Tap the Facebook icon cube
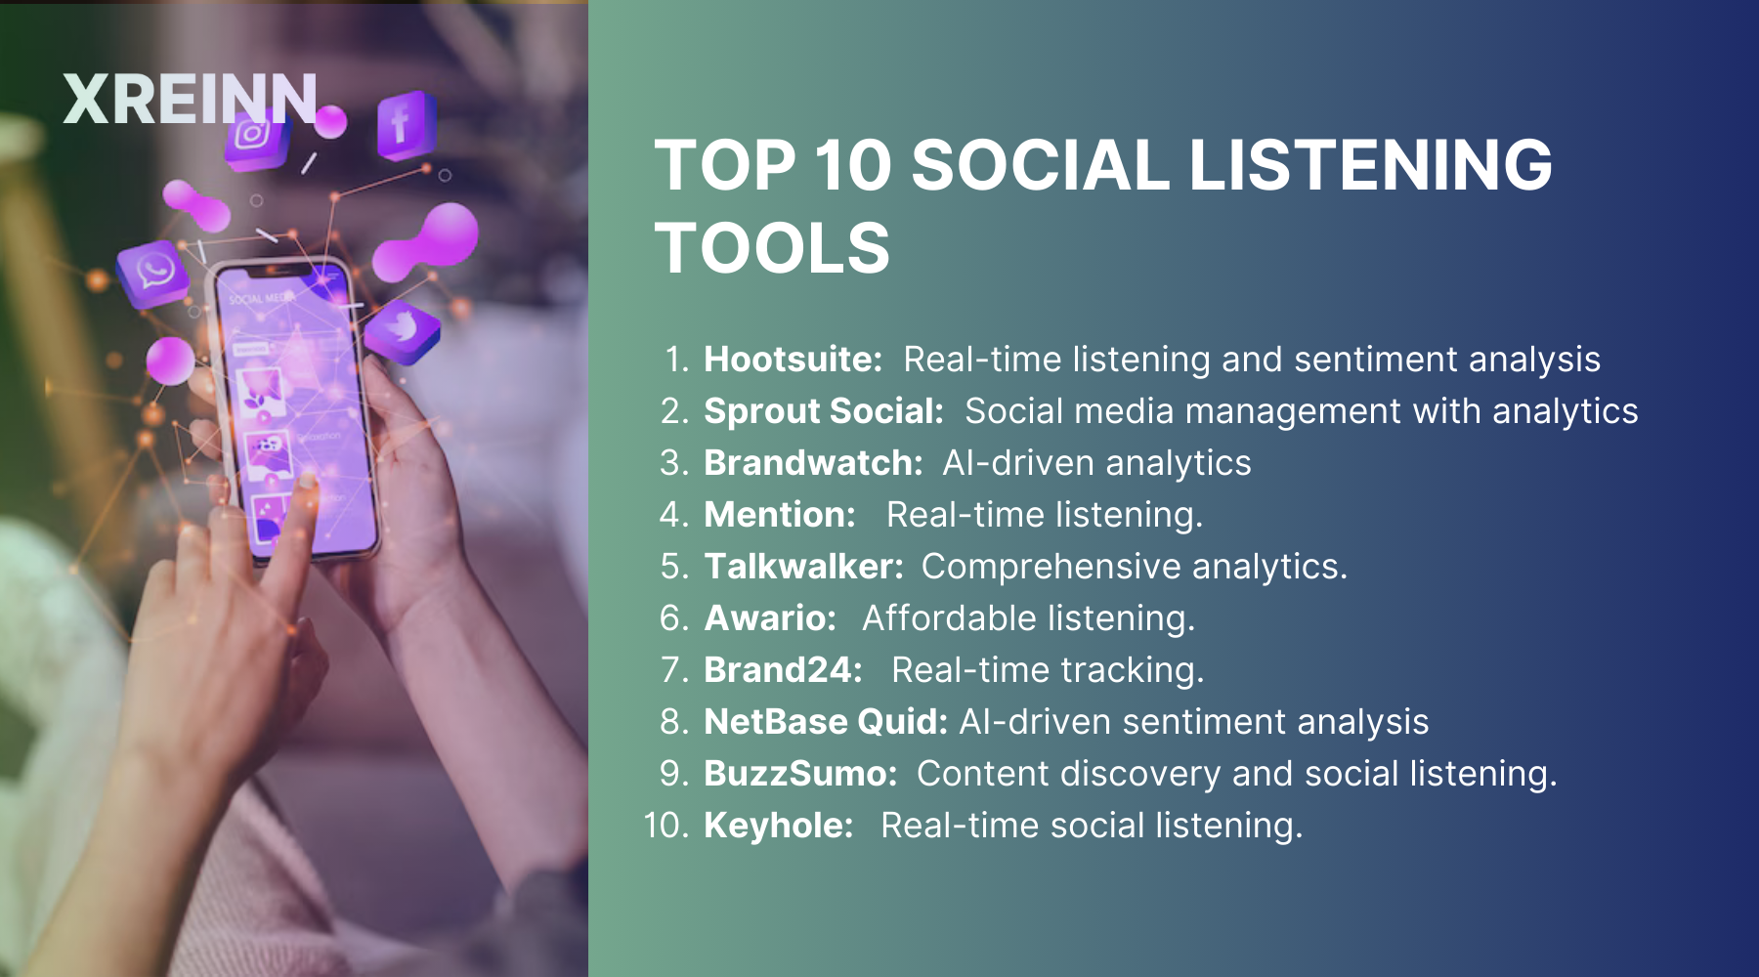click(406, 125)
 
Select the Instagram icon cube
click(255, 137)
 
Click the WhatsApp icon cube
click(154, 273)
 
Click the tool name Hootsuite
click(794, 360)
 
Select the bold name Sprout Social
click(824, 411)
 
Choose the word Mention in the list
click(780, 515)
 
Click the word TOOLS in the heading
click(772, 248)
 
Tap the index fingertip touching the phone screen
click(307, 481)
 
